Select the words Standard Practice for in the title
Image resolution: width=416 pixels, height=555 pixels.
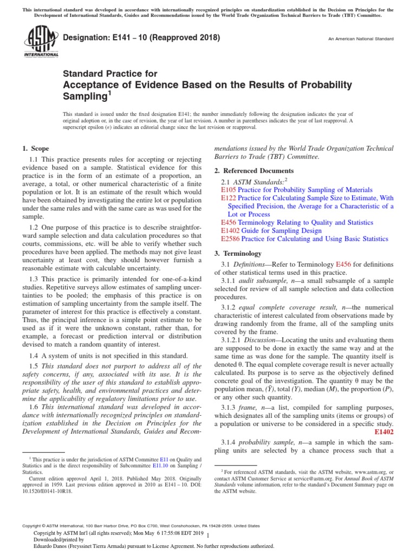pyautogui.click(x=110, y=74)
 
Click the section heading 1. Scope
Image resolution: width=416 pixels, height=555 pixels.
pyautogui.click(x=35, y=149)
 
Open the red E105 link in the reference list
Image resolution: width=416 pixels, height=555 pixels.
pyautogui.click(x=229, y=190)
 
